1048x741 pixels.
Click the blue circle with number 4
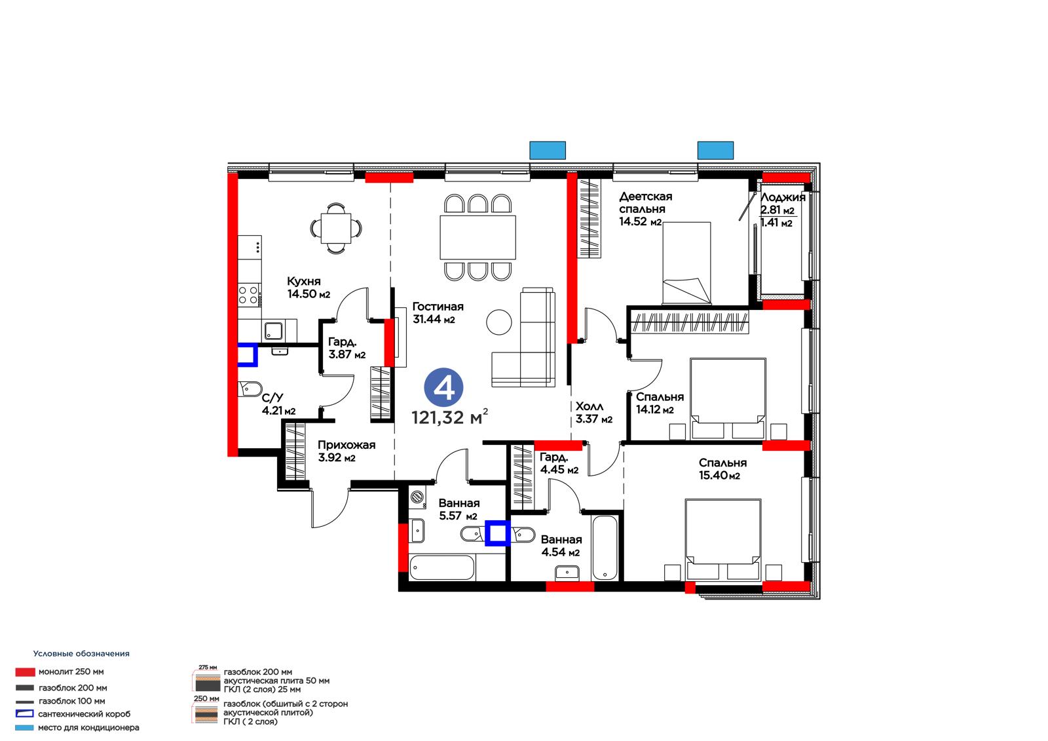click(x=443, y=388)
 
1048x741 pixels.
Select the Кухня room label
click(x=304, y=281)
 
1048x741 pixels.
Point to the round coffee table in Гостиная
click(x=499, y=322)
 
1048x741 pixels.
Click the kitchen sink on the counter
click(x=273, y=331)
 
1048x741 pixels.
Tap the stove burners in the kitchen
click(x=248, y=295)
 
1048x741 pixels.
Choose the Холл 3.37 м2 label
click(x=593, y=413)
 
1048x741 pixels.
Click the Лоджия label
click(x=783, y=198)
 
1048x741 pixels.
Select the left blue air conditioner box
click(x=548, y=150)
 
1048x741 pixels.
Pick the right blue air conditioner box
click(x=715, y=150)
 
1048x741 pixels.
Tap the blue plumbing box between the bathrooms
click(x=497, y=533)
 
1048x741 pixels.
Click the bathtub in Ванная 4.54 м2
click(x=605, y=548)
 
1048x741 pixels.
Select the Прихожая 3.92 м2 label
click(x=346, y=451)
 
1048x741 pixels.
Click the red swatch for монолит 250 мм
click(x=25, y=672)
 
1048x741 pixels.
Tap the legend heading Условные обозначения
click(x=81, y=653)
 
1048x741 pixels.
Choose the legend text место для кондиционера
click(x=88, y=728)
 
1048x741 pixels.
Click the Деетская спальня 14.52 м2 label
click(x=646, y=209)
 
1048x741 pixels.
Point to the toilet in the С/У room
click(x=250, y=389)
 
